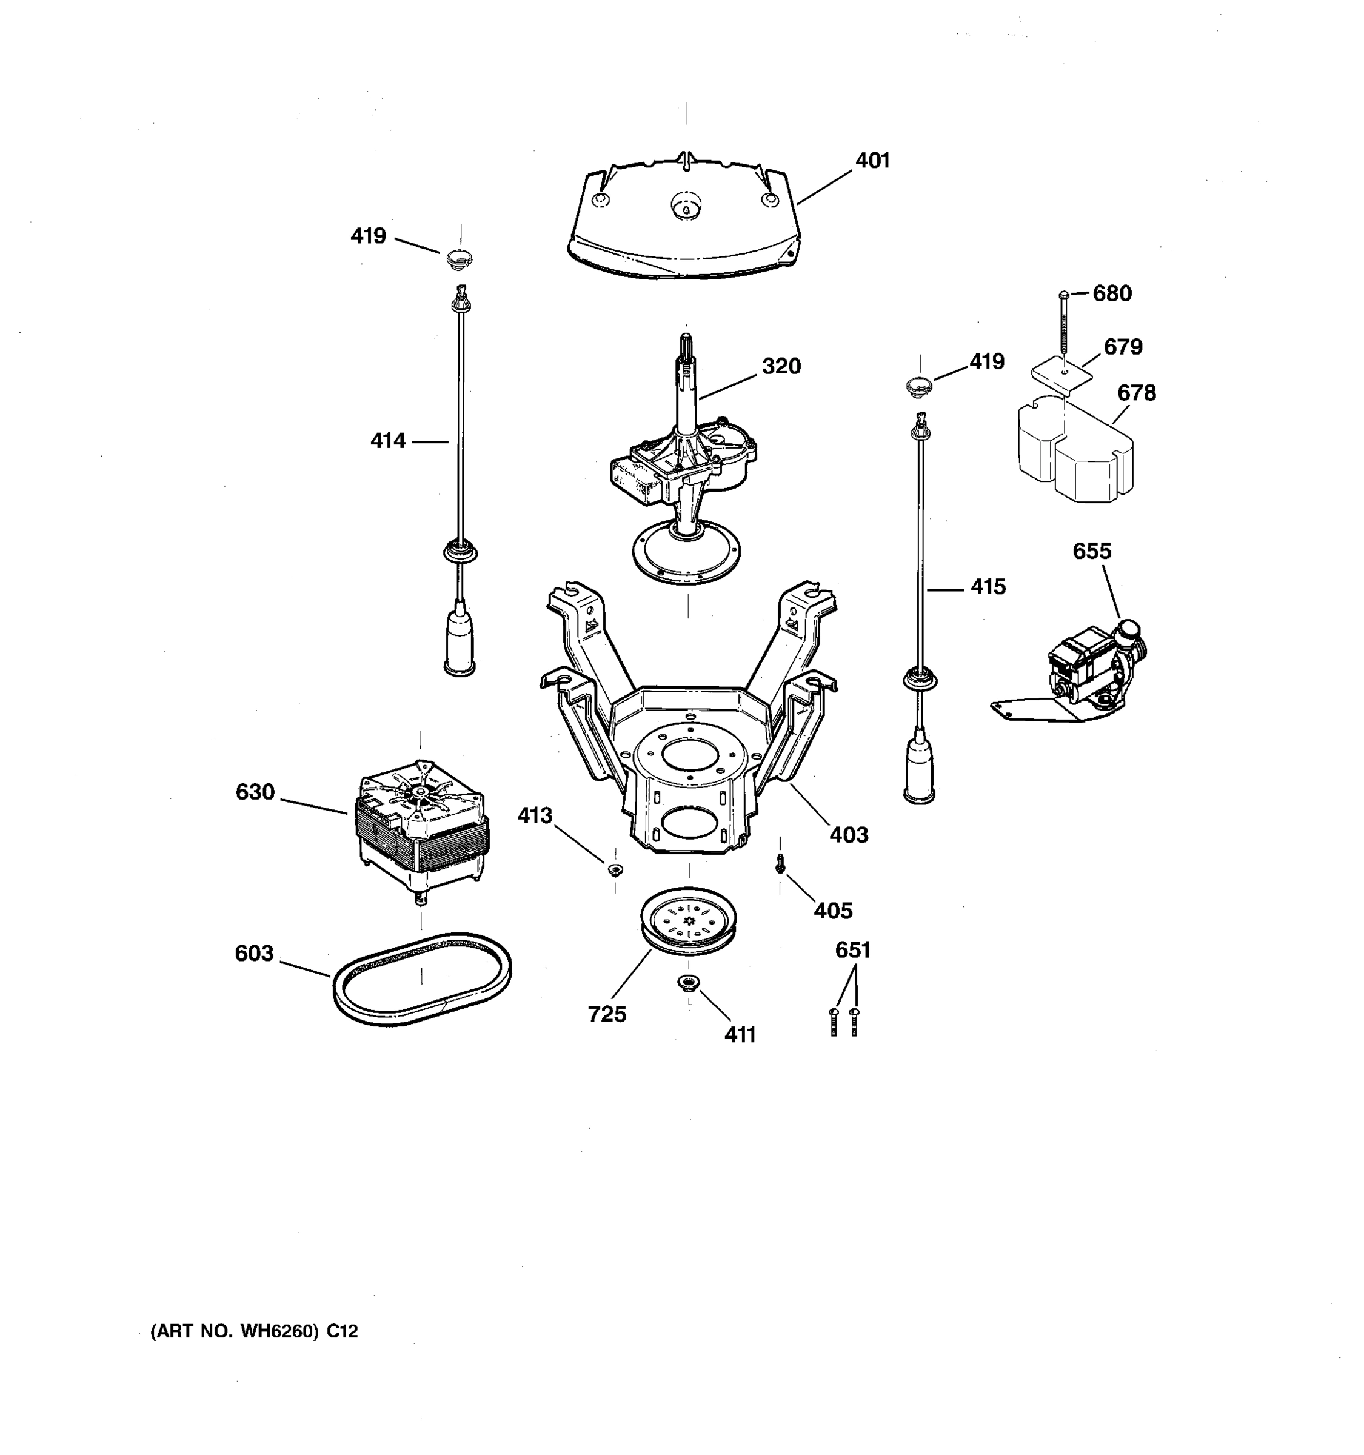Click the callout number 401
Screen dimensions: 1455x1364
click(x=872, y=160)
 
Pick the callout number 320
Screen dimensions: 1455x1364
click(x=781, y=366)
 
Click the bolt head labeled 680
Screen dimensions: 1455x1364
click(x=1064, y=295)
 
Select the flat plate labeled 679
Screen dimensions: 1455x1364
click(x=1061, y=373)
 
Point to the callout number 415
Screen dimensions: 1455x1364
click(x=988, y=587)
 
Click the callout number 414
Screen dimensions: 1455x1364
click(x=387, y=441)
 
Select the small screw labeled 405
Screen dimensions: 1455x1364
click(x=780, y=865)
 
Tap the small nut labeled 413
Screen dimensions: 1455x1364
click(x=615, y=869)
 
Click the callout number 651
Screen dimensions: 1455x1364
click(x=852, y=950)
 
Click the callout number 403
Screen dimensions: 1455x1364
click(x=848, y=834)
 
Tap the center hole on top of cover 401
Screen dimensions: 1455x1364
click(x=686, y=206)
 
